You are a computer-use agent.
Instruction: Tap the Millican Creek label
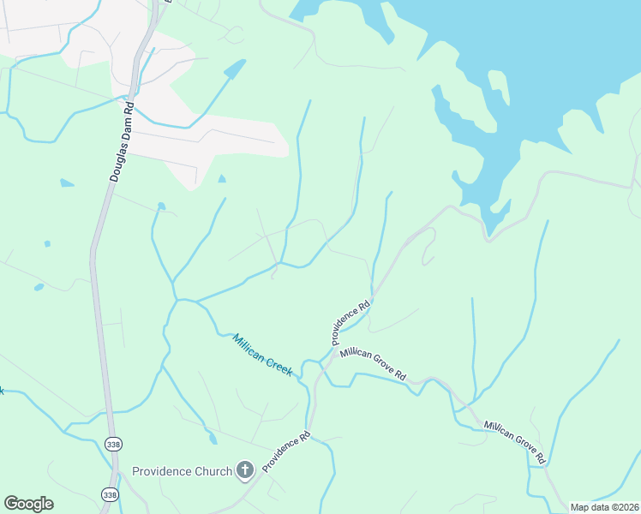coord(262,355)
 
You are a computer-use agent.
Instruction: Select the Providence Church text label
coord(182,471)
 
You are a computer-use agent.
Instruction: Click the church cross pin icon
coord(245,469)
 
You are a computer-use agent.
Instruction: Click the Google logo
coord(29,504)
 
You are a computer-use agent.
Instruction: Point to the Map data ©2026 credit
coord(605,507)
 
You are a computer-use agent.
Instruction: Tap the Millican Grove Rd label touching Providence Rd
coord(373,363)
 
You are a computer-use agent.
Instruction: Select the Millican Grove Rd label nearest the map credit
coord(514,441)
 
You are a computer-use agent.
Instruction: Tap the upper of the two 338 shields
coord(113,443)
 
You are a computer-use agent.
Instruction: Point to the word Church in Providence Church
coord(213,471)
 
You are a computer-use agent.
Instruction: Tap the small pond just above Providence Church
coord(213,439)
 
